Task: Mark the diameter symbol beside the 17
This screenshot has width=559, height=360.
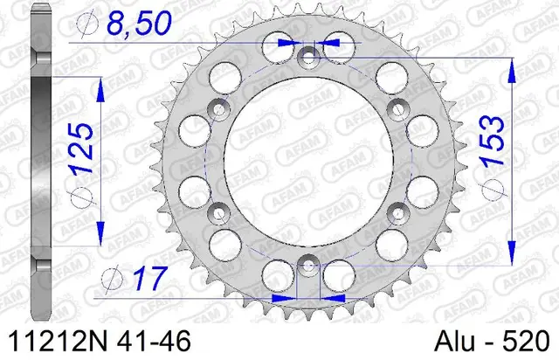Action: [112, 279]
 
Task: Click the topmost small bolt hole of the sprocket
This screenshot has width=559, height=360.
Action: [307, 57]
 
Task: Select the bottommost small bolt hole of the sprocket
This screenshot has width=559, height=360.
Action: [307, 266]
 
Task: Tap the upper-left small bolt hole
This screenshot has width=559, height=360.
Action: [217, 108]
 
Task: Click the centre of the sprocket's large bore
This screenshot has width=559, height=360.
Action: [307, 161]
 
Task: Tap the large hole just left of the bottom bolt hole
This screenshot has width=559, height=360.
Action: [276, 272]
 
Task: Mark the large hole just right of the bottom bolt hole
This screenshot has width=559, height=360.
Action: [339, 272]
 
